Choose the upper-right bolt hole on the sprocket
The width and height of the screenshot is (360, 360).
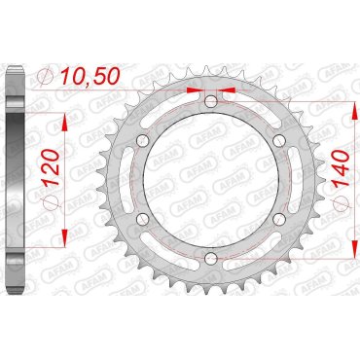[x=279, y=141]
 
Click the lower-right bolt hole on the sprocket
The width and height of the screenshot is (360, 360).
[x=279, y=218]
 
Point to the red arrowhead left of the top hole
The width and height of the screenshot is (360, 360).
[x=200, y=95]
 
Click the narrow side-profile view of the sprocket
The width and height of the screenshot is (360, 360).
[x=13, y=179]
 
